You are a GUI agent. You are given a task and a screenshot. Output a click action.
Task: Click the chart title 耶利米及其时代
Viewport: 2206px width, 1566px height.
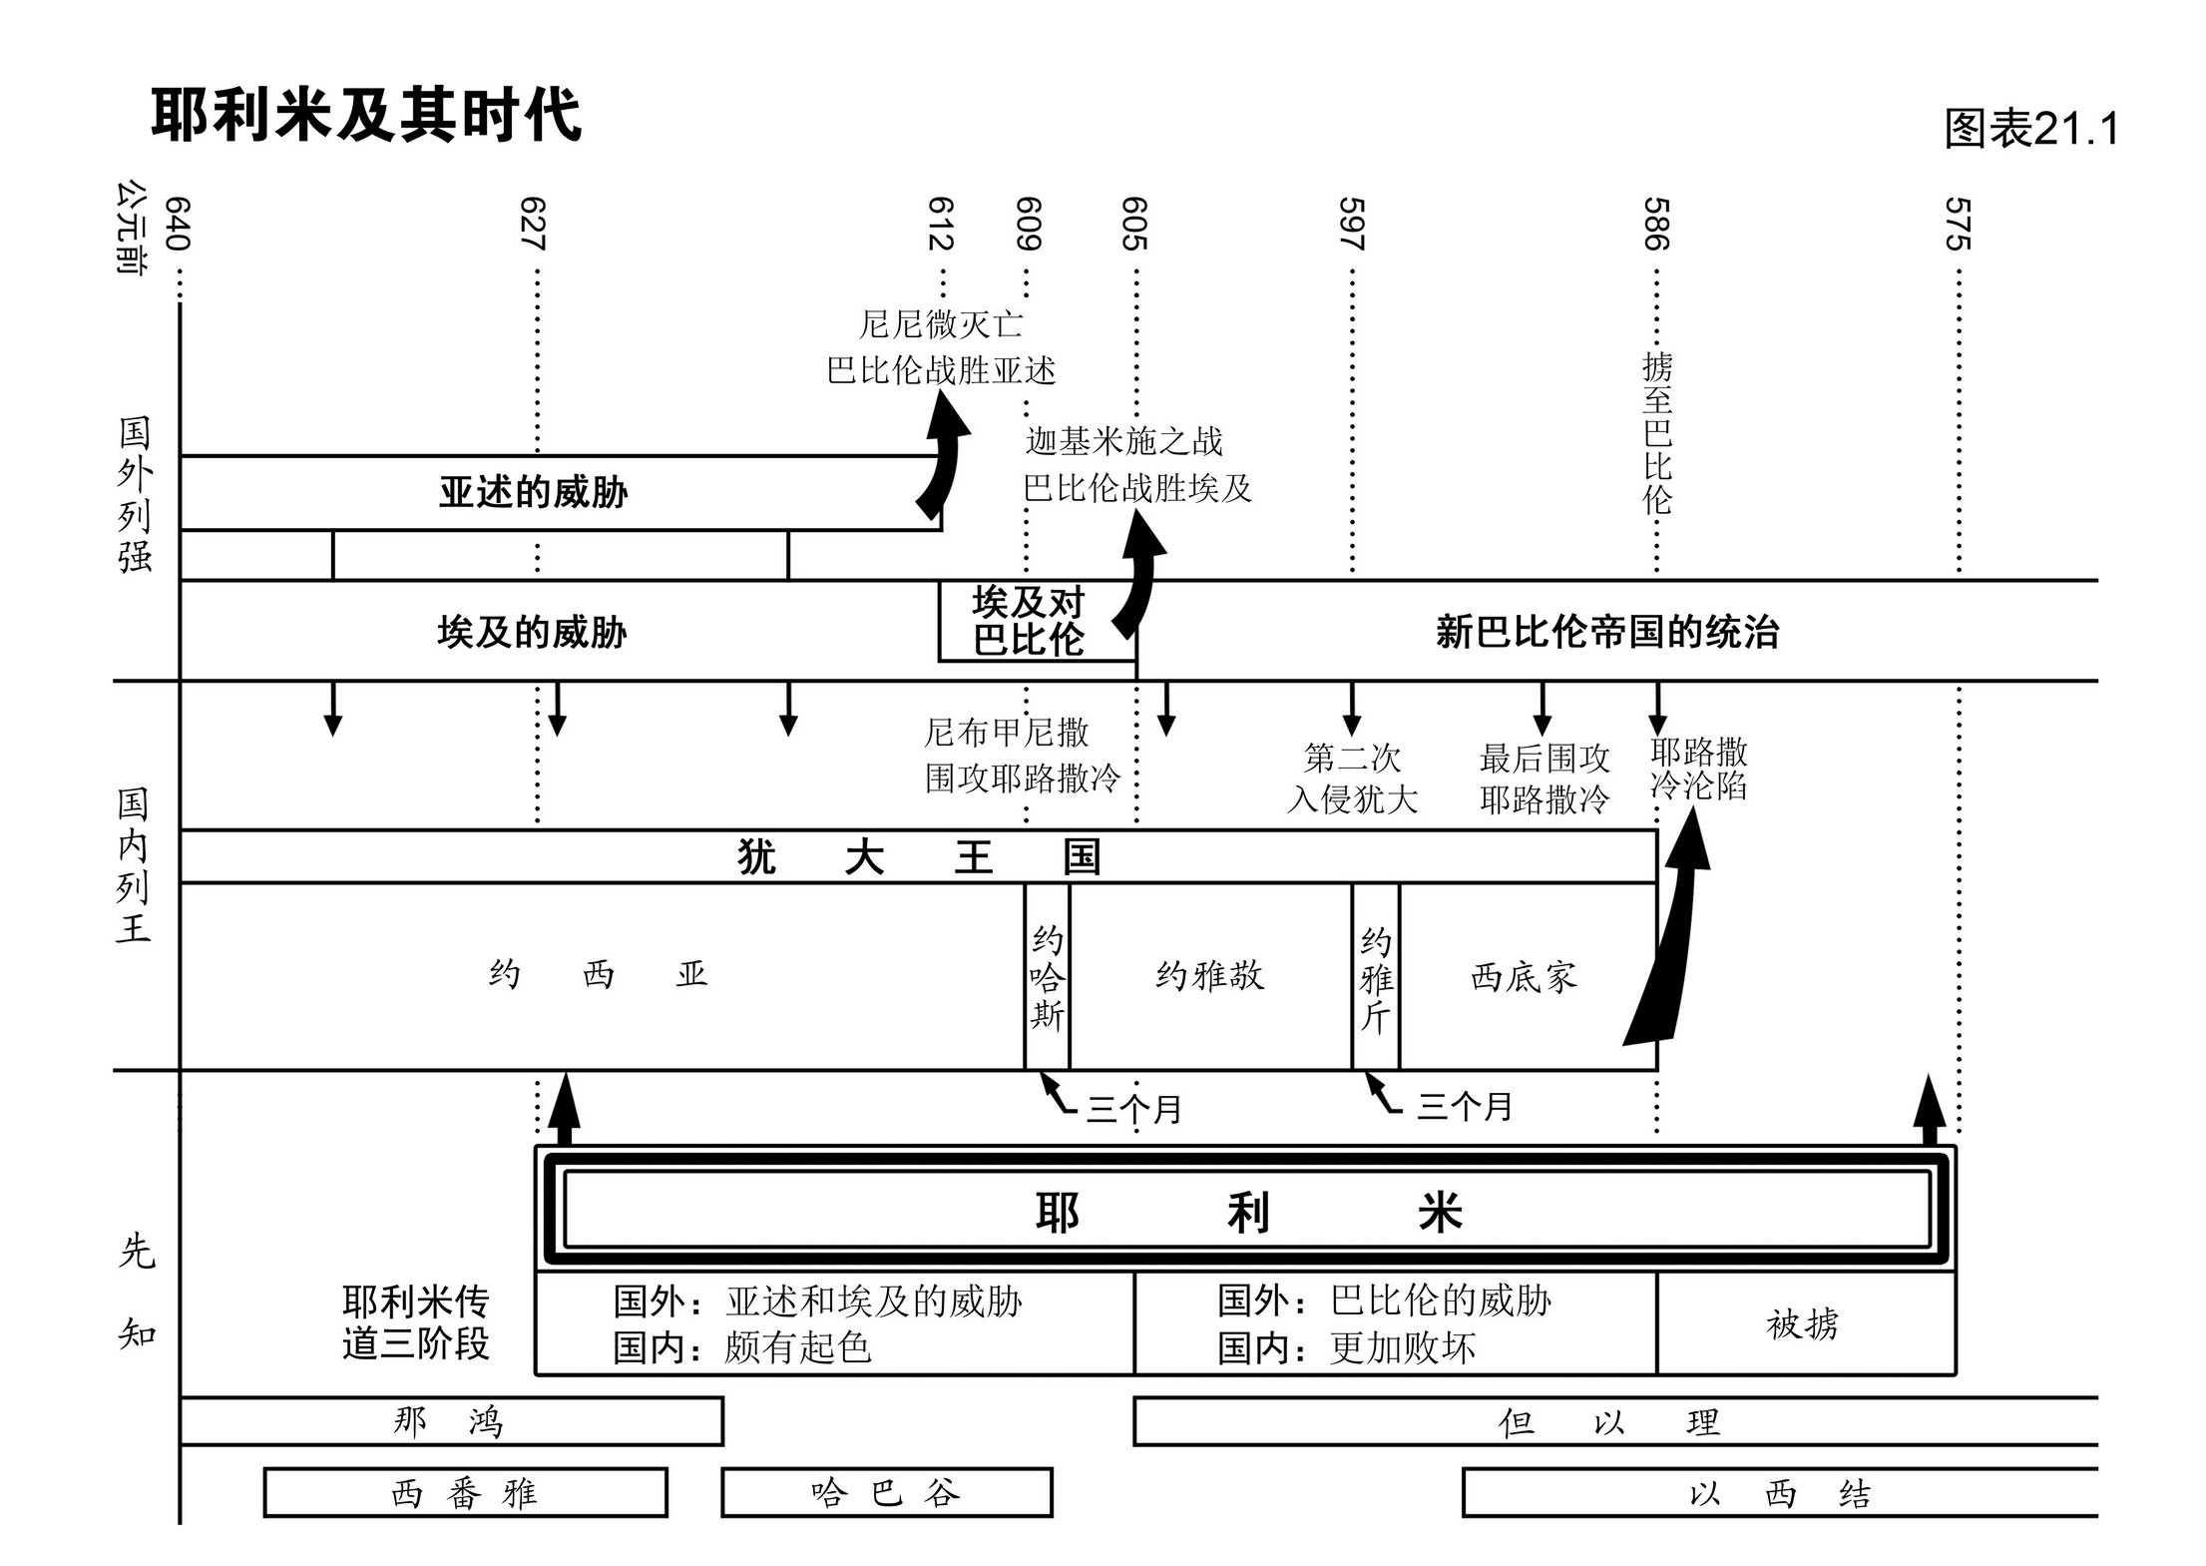coord(365,115)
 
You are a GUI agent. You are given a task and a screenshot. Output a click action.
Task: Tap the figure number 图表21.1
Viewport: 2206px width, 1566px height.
coord(2030,129)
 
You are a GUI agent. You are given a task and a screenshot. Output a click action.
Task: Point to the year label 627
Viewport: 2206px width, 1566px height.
coord(533,224)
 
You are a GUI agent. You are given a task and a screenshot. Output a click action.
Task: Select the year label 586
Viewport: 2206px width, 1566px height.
coord(1656,224)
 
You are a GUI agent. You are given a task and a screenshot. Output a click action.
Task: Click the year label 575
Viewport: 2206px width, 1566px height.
coord(1958,224)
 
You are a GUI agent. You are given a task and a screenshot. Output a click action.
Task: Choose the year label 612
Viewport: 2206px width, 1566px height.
coord(941,224)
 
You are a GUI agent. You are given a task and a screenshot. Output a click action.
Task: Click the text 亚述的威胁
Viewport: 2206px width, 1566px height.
coord(533,492)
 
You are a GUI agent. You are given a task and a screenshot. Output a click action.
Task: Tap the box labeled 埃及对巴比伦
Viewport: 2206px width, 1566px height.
coord(1029,621)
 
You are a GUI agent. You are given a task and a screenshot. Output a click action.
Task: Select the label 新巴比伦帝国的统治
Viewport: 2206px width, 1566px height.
coord(1606,632)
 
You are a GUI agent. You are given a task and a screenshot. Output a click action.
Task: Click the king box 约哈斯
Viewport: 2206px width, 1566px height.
coord(1047,976)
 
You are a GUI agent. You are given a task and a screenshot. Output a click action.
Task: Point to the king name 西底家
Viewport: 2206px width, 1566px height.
coord(1524,976)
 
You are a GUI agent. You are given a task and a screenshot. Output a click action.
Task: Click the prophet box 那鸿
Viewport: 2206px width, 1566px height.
coord(450,1421)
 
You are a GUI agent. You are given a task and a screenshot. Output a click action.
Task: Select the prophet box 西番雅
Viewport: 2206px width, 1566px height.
coord(465,1493)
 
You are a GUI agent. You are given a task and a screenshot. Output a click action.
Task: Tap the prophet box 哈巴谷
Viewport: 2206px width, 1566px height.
coord(886,1493)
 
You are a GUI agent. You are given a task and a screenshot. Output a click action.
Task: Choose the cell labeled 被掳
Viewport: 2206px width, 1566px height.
coord(1803,1324)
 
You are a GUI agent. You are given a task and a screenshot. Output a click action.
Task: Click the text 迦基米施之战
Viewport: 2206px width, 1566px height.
coord(1123,440)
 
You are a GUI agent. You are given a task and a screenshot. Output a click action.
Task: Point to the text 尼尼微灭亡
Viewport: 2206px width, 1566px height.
coord(941,323)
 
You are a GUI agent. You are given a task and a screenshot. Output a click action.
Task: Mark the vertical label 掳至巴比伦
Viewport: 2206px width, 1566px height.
coord(1656,433)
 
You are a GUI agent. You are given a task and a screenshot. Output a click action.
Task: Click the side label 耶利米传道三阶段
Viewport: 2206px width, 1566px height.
coord(415,1323)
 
